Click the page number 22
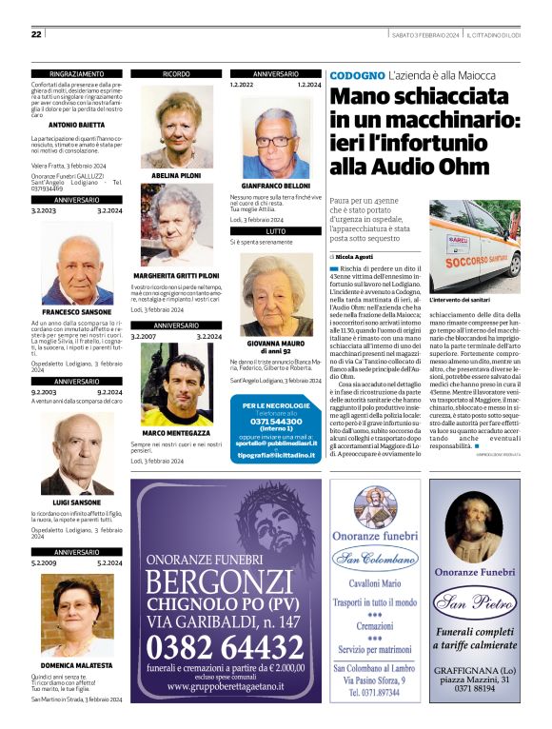36,34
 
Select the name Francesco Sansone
77,312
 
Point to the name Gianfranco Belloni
276,185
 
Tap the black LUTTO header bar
276,230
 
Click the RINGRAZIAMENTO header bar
77,73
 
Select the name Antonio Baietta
77,125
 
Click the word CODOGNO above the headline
356,75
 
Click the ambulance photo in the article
474,246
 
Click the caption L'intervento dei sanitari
461,301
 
